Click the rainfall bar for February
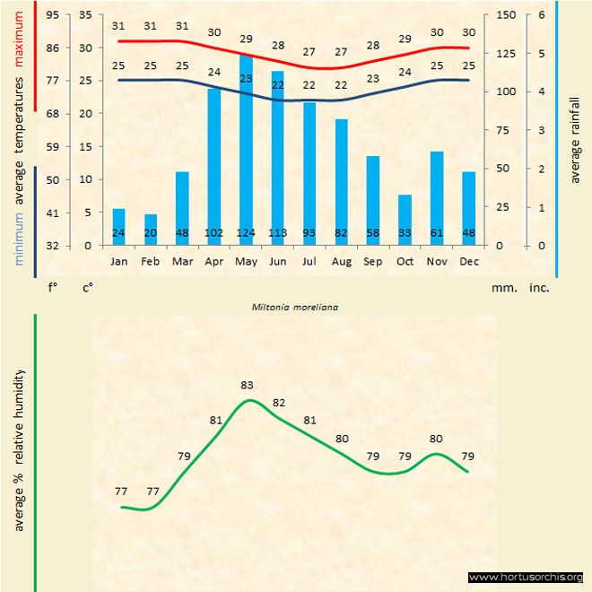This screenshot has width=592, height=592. pyautogui.click(x=151, y=230)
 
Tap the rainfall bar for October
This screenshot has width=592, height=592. pyautogui.click(x=405, y=220)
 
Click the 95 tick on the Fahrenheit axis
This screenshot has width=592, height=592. pyautogui.click(x=52, y=15)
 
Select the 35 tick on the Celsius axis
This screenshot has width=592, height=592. pyautogui.click(x=86, y=15)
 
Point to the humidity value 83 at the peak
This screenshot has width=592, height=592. pyautogui.click(x=248, y=386)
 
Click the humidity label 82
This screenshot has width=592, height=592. pyautogui.click(x=279, y=403)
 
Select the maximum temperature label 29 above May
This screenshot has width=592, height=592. pyautogui.click(x=246, y=39)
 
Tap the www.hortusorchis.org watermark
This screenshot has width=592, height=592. pyautogui.click(x=526, y=577)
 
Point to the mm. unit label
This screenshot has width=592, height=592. pyautogui.click(x=502, y=289)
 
